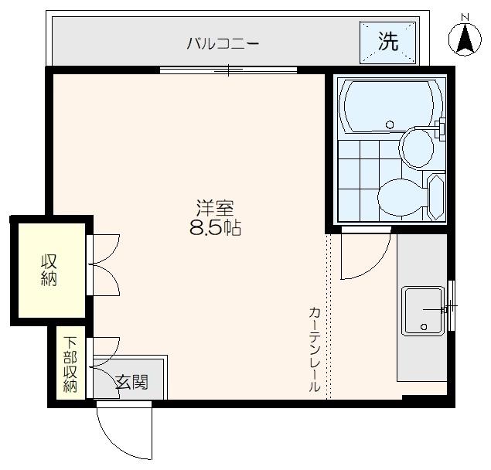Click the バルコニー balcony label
click(x=222, y=43)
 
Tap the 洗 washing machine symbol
click(x=387, y=42)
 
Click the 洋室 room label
click(x=215, y=208)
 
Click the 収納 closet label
click(x=49, y=269)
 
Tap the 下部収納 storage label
click(x=70, y=364)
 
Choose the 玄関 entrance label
click(x=131, y=382)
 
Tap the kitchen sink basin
click(x=422, y=310)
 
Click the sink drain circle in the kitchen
click(x=424, y=327)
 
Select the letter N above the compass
click(x=465, y=17)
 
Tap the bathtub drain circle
click(x=390, y=124)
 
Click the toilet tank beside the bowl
click(x=435, y=196)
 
